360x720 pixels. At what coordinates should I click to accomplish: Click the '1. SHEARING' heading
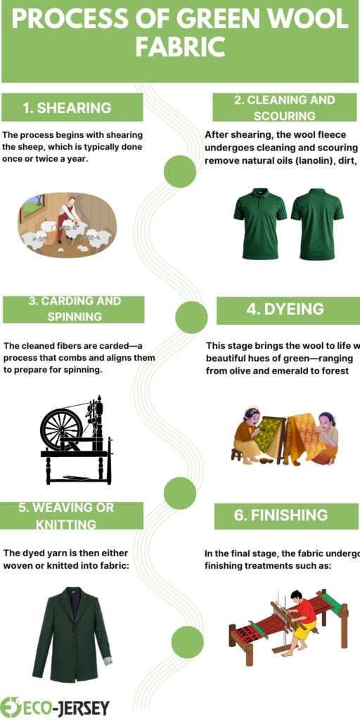(67, 108)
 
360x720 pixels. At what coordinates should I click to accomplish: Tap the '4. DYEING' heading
(285, 309)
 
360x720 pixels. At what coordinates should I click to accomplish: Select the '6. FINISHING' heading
(281, 515)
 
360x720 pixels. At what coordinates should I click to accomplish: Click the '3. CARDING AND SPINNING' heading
(75, 309)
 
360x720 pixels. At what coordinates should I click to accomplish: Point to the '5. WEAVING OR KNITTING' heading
(66, 515)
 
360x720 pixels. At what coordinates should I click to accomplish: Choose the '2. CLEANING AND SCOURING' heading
(284, 108)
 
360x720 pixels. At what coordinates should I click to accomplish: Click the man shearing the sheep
(69, 216)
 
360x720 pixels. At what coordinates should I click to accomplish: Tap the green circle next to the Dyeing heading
(191, 317)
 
